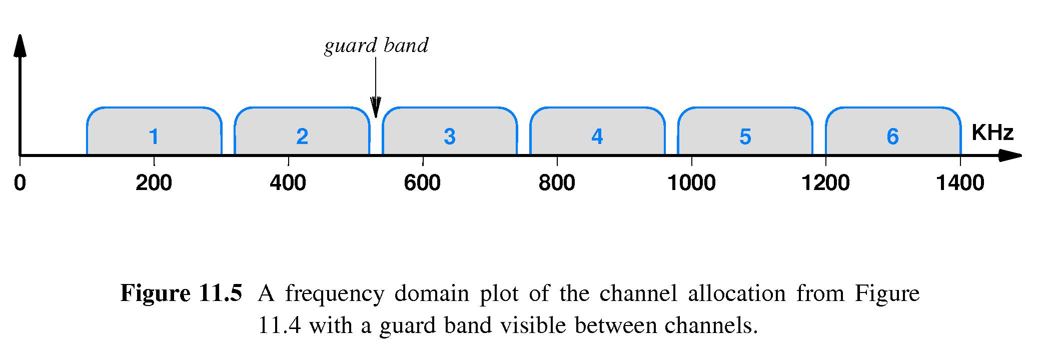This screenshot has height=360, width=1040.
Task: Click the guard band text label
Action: point(376,46)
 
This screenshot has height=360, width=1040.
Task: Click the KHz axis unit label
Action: point(992,133)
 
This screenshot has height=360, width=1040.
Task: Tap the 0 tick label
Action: point(20,183)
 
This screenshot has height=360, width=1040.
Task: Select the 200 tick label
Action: point(154,183)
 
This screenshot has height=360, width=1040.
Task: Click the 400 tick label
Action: point(288,183)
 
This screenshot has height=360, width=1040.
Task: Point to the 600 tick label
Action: point(422,183)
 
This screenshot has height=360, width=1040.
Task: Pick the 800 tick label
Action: point(557,183)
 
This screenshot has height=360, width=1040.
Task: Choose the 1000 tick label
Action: point(692,183)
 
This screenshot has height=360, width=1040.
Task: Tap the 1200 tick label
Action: point(826,183)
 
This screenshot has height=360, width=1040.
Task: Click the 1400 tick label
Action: point(960,183)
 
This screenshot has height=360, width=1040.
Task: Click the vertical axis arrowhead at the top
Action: point(20,45)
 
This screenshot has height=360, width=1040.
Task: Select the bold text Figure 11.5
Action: point(181,293)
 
